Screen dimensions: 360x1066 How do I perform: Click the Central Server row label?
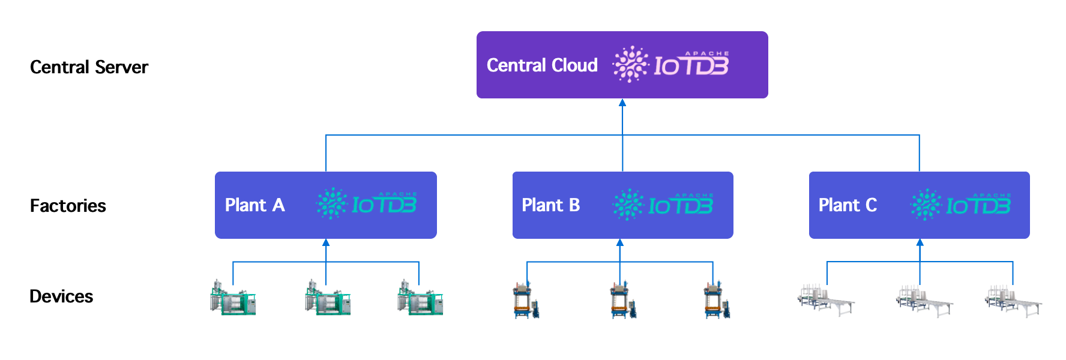(x=89, y=67)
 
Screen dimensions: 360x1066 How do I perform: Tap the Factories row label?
(x=68, y=206)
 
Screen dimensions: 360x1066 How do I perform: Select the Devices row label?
(x=61, y=296)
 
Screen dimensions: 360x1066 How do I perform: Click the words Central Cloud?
(x=542, y=65)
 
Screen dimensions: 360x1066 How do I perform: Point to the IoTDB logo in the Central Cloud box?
(x=671, y=64)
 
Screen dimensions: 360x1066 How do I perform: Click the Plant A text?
(x=254, y=205)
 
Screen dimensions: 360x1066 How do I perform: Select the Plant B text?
(x=550, y=205)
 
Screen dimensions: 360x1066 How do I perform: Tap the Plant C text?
(x=848, y=205)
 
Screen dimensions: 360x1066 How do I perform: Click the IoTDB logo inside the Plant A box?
(x=367, y=205)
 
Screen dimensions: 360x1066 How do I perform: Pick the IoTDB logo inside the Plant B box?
(x=663, y=205)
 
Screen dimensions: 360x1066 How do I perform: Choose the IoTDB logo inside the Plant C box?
(x=961, y=205)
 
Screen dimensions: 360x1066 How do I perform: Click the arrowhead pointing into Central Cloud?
(x=622, y=103)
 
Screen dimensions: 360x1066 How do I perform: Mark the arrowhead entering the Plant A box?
(x=326, y=243)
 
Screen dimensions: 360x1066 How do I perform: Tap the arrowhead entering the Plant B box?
(x=620, y=243)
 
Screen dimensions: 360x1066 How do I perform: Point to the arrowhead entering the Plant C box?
(x=920, y=243)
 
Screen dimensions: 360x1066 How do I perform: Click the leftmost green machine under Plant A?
(x=233, y=298)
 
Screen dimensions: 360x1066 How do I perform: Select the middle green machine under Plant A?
(x=327, y=298)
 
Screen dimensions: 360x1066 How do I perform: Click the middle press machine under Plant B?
(x=622, y=300)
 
